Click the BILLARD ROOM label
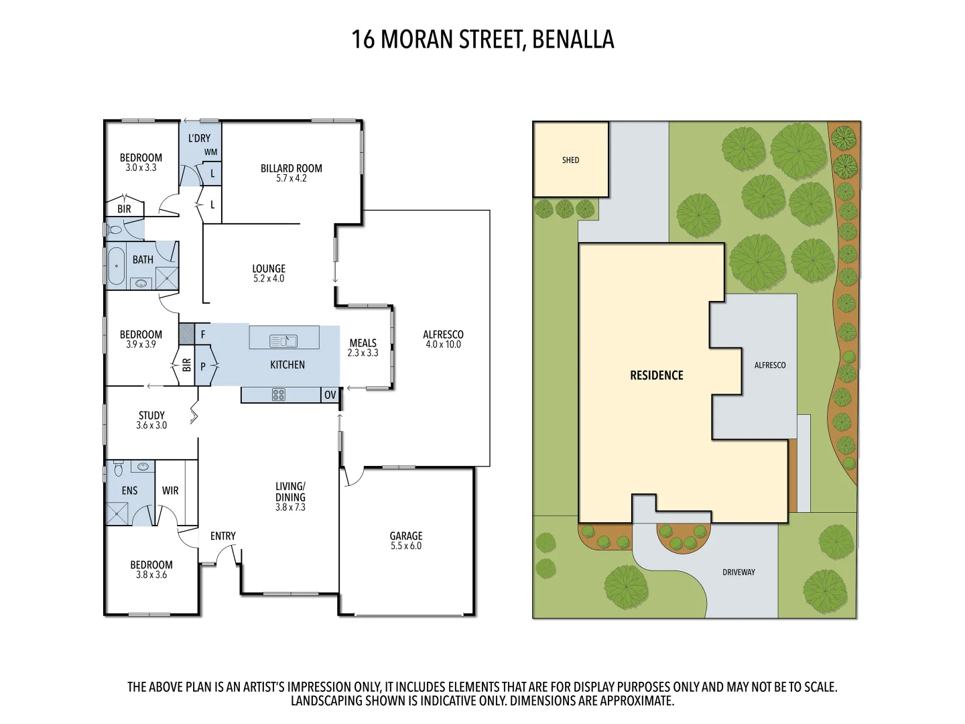(292, 168)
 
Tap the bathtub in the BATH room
(117, 266)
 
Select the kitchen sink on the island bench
(283, 341)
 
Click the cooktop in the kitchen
(279, 395)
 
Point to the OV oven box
(330, 395)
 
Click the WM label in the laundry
(210, 152)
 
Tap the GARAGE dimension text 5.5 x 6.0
(406, 546)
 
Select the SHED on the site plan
(570, 160)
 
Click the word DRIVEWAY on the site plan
(738, 572)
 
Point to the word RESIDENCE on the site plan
(656, 375)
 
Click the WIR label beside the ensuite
(170, 491)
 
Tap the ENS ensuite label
(129, 491)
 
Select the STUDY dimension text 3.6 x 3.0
(151, 426)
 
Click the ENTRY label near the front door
(222, 536)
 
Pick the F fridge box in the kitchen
(203, 334)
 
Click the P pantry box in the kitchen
(203, 367)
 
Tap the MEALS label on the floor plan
(363, 343)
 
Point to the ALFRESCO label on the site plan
(769, 365)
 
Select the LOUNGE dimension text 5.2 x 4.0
(269, 279)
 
